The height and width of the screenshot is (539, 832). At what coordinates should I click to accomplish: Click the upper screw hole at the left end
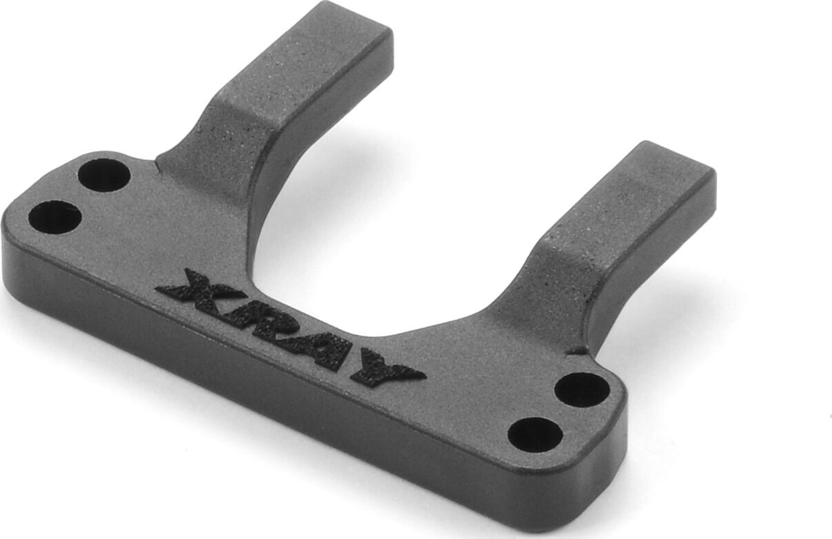[104, 175]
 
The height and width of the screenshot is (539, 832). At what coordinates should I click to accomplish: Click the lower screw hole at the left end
[55, 216]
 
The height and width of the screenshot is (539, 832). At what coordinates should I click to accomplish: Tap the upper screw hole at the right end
[582, 390]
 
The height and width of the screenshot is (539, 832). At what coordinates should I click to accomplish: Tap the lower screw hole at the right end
[535, 435]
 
